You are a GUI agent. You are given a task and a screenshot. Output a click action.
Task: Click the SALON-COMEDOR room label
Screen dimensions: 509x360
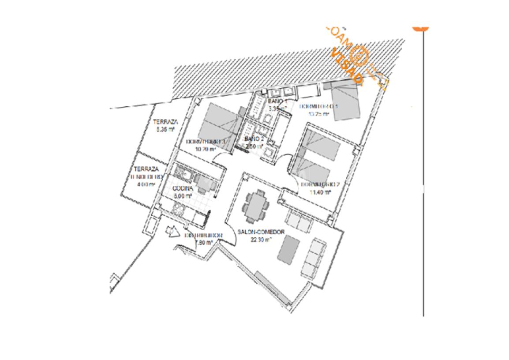point(261,232)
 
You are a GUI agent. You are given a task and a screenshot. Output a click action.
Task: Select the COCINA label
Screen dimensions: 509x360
point(183,188)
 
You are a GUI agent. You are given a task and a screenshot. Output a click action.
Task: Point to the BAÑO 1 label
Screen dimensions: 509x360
point(277,101)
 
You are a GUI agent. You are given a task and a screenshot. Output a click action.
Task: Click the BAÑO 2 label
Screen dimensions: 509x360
point(254,139)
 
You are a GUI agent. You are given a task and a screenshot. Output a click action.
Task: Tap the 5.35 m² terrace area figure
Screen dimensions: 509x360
point(165,130)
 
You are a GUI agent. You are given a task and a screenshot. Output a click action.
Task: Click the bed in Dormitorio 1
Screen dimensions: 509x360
point(345,102)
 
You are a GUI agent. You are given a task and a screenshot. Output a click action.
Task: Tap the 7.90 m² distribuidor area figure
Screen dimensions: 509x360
point(204,242)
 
